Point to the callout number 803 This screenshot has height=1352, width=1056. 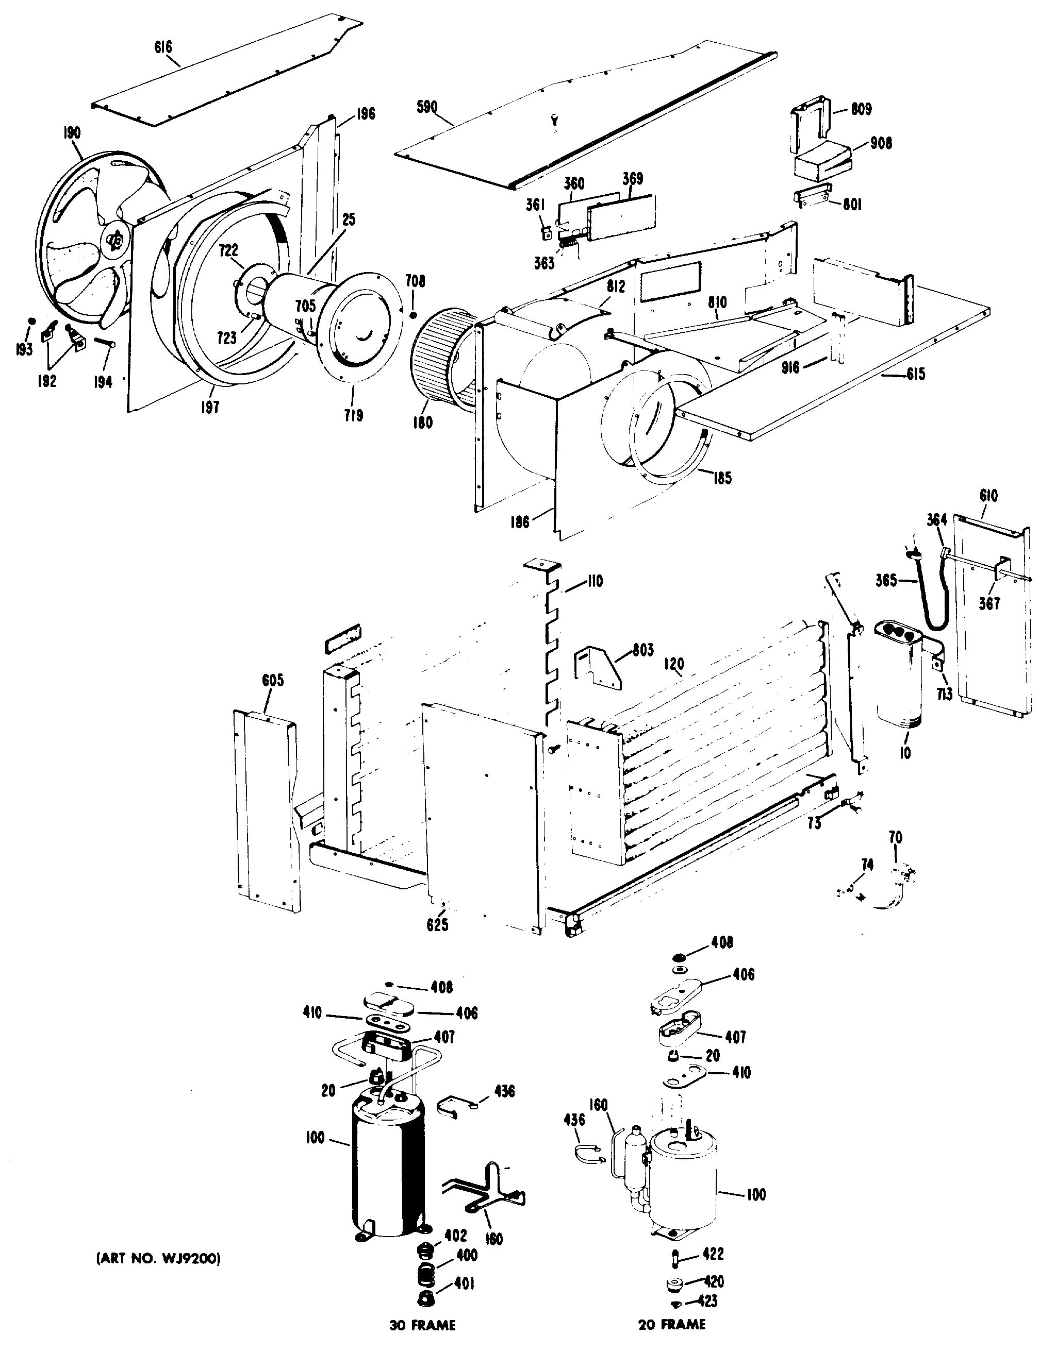pos(643,651)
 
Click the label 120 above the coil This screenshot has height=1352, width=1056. pos(674,664)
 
